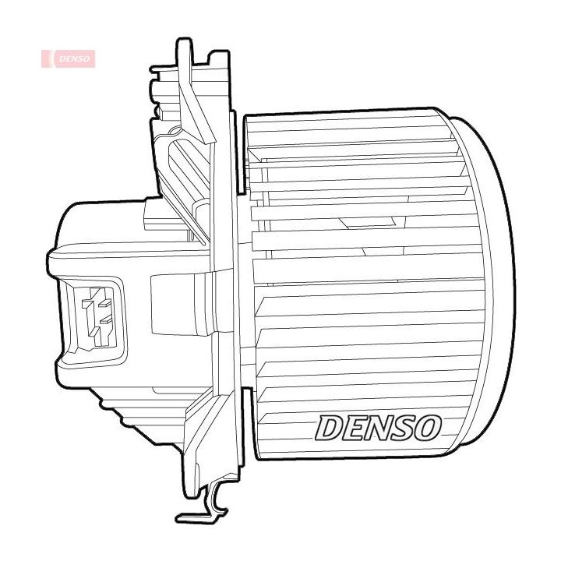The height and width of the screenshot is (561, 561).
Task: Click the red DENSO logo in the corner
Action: (x=69, y=58)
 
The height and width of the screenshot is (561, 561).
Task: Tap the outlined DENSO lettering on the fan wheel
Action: (x=379, y=425)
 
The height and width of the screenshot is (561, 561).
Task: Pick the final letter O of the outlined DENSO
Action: (x=429, y=425)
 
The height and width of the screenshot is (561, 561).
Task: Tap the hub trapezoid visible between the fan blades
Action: (x=355, y=221)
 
